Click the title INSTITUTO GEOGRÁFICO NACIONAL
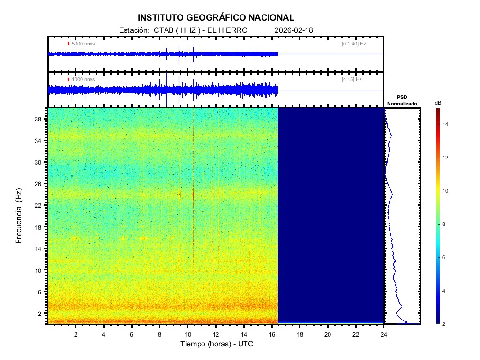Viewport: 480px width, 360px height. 216,18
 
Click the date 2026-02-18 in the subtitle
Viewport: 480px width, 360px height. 294,30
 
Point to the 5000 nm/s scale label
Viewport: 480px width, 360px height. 83,44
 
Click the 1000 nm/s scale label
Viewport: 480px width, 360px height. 83,80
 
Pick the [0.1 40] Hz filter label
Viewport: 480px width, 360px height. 353,44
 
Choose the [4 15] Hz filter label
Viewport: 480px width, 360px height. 352,80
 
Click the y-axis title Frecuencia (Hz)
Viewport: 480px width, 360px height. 19,216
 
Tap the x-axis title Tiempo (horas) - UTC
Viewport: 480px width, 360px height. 217,344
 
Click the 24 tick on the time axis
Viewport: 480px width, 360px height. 384,334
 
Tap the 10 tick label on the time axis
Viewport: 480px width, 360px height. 187,334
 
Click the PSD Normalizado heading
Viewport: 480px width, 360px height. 402,101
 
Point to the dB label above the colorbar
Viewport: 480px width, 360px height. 438,103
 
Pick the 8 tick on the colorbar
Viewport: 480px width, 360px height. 445,225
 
